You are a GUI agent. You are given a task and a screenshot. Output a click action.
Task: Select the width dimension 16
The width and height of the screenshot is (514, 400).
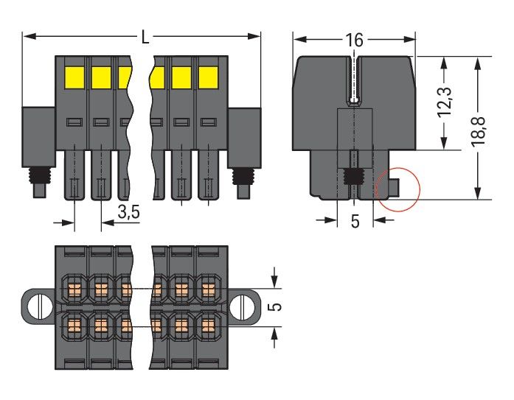coord(355,40)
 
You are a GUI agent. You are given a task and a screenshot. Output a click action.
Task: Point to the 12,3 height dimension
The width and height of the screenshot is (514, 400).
coord(444,102)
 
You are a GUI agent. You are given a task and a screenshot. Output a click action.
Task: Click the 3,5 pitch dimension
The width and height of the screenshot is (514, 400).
coord(128,214)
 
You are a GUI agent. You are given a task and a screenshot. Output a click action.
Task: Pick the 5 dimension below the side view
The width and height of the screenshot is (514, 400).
coord(355,222)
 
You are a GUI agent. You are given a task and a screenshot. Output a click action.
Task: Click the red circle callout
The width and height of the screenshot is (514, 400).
coord(397,189)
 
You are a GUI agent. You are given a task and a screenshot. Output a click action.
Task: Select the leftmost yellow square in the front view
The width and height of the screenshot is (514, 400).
coord(74,75)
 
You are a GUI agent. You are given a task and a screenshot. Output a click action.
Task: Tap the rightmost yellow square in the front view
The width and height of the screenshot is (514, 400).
coord(209,75)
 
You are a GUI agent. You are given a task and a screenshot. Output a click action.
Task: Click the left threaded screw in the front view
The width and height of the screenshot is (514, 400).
coord(36,178)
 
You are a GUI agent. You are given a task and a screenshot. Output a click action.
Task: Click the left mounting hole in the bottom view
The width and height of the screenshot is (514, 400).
coord(35,304)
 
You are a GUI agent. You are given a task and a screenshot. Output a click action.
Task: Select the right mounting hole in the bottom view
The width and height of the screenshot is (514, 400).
coord(243,304)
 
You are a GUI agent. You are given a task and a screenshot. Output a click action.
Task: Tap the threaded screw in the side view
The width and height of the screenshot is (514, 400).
coord(355,178)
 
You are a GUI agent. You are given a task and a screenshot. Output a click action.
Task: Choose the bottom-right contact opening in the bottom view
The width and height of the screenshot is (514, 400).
coord(209,324)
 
